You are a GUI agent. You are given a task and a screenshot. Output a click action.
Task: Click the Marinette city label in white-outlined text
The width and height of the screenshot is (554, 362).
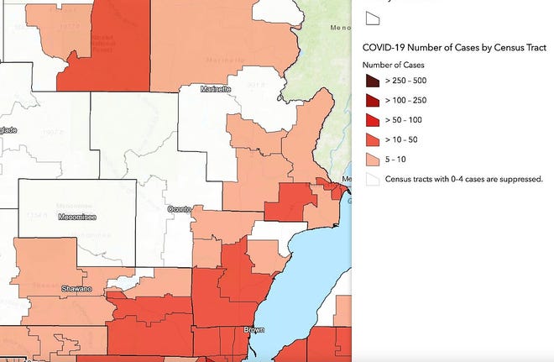click(215, 89)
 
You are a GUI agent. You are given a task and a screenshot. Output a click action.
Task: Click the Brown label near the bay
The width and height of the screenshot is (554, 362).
click(253, 330)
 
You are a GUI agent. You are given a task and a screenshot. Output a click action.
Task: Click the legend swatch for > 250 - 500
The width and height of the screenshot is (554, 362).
click(371, 81)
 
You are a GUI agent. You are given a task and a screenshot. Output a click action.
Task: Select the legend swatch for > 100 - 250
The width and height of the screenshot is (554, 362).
click(371, 101)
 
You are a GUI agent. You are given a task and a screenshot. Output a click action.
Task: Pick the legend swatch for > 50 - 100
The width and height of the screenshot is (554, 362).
click(371, 120)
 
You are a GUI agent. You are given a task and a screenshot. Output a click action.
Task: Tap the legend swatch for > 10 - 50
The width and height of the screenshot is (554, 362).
click(371, 139)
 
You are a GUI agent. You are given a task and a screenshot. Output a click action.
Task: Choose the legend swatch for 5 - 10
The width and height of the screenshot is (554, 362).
click(371, 160)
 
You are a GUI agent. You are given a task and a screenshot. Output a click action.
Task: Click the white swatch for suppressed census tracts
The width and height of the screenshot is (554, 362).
click(371, 179)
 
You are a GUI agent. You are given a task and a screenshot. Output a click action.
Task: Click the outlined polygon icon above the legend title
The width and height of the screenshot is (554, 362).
click(371, 17)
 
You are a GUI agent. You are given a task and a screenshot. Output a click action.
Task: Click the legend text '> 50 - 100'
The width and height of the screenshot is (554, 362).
click(407, 120)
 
